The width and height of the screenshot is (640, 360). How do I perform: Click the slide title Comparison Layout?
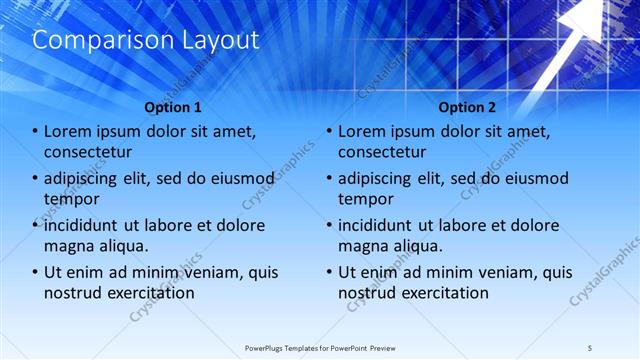click(x=146, y=40)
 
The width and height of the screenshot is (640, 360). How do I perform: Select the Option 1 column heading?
click(x=173, y=107)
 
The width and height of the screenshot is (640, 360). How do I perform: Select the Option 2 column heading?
click(x=467, y=107)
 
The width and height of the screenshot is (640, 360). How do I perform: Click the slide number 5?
click(x=591, y=347)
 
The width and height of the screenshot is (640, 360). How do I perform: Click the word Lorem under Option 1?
click(x=69, y=131)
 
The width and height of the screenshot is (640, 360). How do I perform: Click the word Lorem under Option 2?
click(x=363, y=131)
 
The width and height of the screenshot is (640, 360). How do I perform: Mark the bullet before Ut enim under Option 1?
click(x=36, y=272)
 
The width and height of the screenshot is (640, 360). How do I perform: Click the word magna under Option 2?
click(x=364, y=246)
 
